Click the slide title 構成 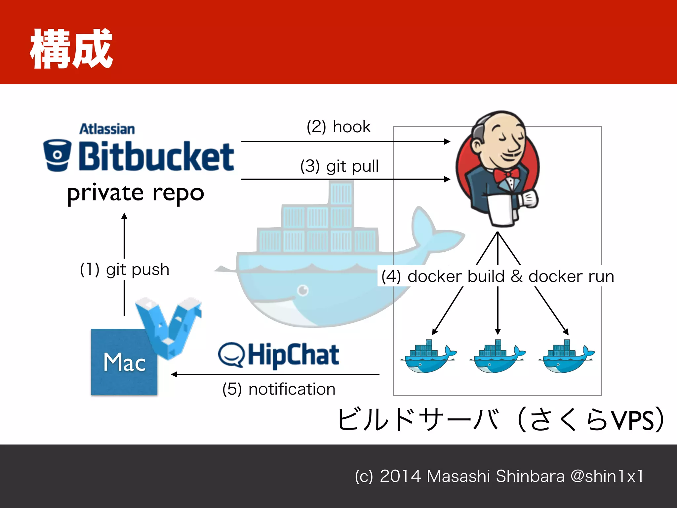pyautogui.click(x=71, y=49)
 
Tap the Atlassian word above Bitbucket pyautogui.click(x=107, y=129)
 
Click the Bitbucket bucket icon pyautogui.click(x=58, y=155)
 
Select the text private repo pyautogui.click(x=136, y=193)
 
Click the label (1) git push pyautogui.click(x=125, y=269)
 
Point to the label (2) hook pyautogui.click(x=338, y=127)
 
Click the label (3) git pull pyautogui.click(x=339, y=166)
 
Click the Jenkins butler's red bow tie pyautogui.click(x=506, y=175)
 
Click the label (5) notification pyautogui.click(x=279, y=389)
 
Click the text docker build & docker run pyautogui.click(x=510, y=276)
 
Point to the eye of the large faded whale pyautogui.click(x=303, y=290)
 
